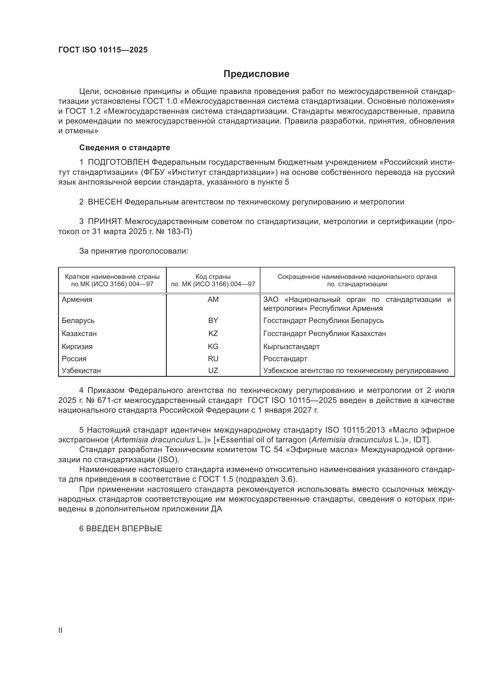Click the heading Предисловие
256,74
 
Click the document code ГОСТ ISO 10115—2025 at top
103,50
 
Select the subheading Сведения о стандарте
125,148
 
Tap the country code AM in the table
213,300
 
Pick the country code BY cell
213,320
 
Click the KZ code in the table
213,334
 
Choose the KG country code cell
213,347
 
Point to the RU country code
213,358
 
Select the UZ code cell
213,370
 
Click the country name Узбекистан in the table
81,370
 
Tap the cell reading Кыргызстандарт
291,347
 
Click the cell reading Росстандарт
285,358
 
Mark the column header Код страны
213,276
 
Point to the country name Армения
77,300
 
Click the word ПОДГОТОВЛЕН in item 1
118,162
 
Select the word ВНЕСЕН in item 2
105,202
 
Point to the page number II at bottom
60,630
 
